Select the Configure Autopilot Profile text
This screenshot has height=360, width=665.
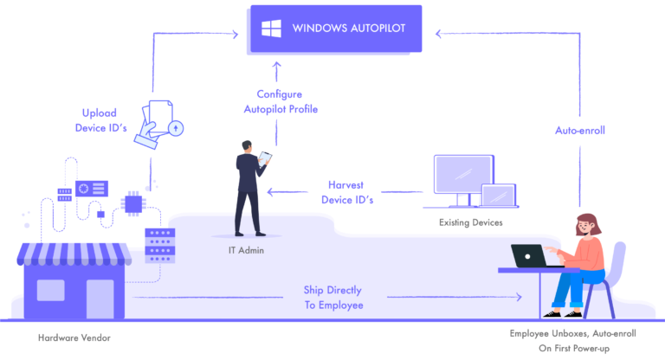(x=277, y=101)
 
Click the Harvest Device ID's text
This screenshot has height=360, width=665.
(x=351, y=191)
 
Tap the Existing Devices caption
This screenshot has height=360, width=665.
(x=470, y=222)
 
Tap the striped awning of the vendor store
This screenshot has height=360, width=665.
(x=74, y=253)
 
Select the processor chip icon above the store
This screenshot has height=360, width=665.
(x=133, y=204)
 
